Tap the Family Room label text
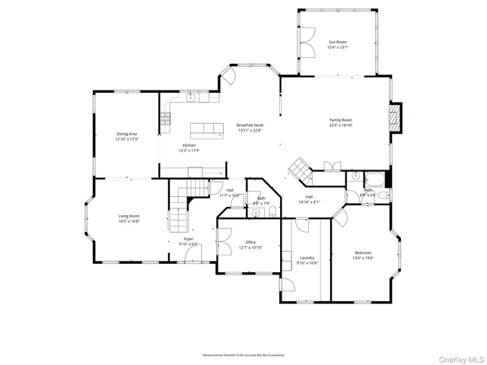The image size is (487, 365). (341, 120)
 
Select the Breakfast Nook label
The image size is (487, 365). (250, 125)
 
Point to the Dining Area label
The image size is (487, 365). (126, 134)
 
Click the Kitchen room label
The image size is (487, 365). (189, 145)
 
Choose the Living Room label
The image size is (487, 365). (129, 216)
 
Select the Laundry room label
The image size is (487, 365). (307, 258)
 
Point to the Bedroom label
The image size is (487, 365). (363, 252)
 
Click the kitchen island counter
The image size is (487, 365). (208, 129)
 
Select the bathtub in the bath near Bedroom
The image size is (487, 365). (376, 180)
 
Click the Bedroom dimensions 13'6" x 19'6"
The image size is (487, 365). (363, 258)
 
